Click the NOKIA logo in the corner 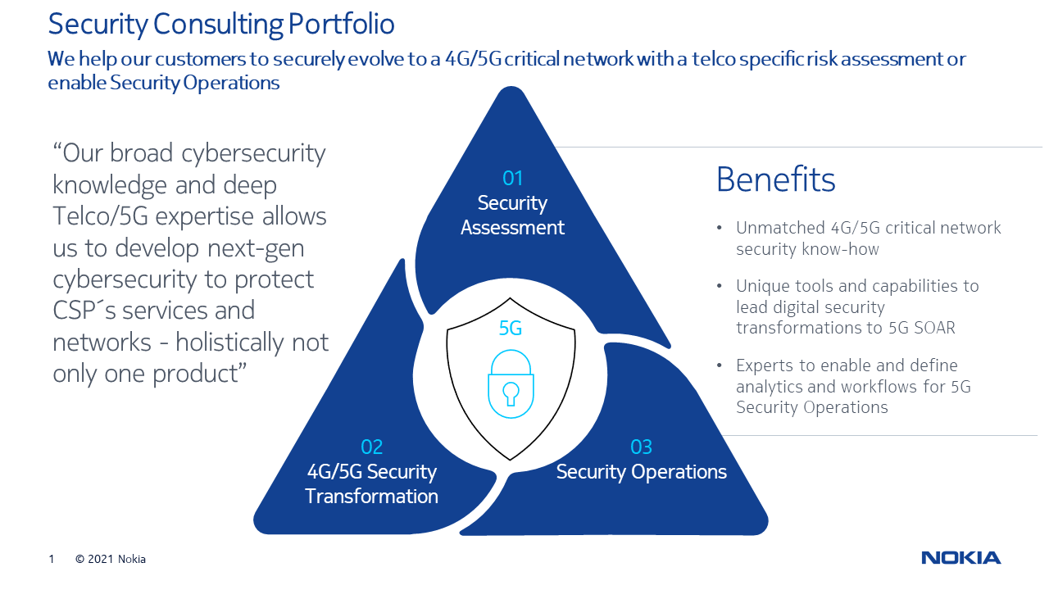[961, 558]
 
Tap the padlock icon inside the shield [511, 383]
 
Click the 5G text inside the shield [511, 328]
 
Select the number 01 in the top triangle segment [512, 178]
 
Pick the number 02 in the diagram [372, 447]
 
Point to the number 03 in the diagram [641, 447]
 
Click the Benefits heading [775, 179]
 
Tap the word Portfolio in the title [342, 24]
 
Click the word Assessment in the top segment [512, 228]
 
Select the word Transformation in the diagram [371, 497]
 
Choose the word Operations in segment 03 [679, 472]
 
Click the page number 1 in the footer [52, 559]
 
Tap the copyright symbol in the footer [80, 559]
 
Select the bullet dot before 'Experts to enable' [720, 365]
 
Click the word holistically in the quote [229, 343]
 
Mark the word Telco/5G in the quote [100, 216]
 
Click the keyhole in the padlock [511, 393]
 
